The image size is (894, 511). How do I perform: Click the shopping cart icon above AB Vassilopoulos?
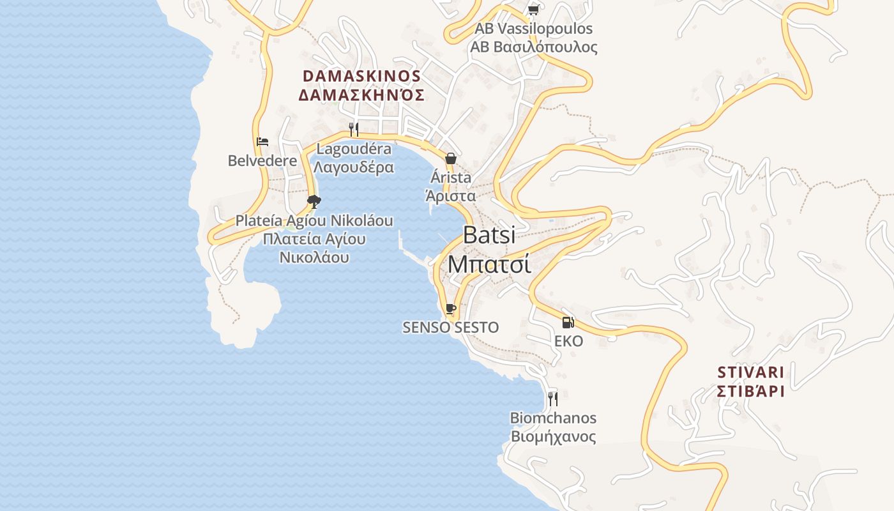[x=533, y=10]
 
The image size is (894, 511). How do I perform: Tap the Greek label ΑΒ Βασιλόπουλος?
[x=534, y=47]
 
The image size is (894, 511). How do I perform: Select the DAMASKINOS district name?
[x=361, y=76]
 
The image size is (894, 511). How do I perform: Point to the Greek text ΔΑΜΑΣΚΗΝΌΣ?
[x=361, y=95]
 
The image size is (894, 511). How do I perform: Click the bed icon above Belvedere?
[x=262, y=142]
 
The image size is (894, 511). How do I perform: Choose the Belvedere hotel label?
[x=262, y=160]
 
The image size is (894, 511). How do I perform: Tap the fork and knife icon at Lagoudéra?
[x=354, y=129]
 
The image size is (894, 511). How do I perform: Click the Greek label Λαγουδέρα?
[x=354, y=167]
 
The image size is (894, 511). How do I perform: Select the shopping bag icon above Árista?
[x=451, y=158]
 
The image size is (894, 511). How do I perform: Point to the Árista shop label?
[x=451, y=177]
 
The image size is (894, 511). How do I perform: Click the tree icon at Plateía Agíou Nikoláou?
[x=314, y=202]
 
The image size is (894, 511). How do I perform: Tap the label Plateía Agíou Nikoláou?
[x=314, y=220]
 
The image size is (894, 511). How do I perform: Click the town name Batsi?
[x=489, y=234]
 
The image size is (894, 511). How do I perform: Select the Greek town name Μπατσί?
[x=489, y=263]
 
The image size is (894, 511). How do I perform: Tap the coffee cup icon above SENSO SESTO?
[x=451, y=309]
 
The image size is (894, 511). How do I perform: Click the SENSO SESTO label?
[x=451, y=327]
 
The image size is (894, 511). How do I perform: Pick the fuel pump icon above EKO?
[x=568, y=323]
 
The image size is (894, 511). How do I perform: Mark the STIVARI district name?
[x=750, y=372]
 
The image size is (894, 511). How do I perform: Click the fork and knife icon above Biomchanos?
[x=553, y=399]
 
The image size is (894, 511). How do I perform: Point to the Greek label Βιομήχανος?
[x=553, y=437]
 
